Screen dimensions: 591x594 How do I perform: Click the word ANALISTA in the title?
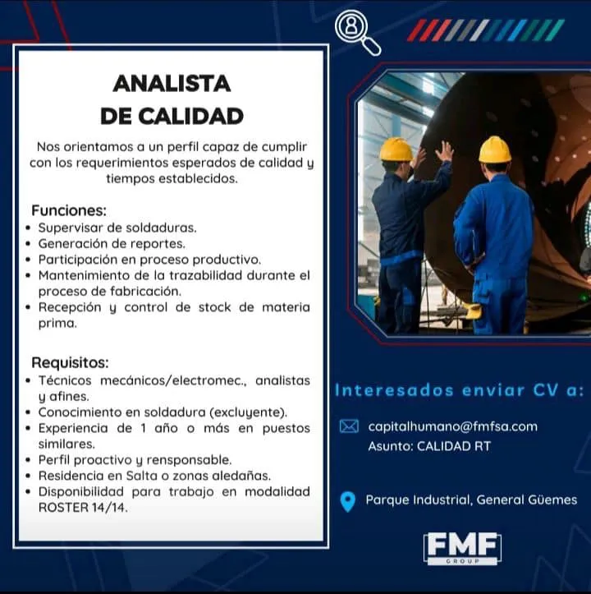[x=172, y=84]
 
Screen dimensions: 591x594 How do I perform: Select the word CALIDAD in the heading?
[x=190, y=117]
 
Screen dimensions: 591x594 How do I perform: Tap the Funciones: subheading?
[x=69, y=210]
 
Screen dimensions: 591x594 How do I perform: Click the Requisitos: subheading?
[x=70, y=362]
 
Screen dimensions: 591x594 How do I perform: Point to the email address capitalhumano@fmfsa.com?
[x=453, y=427]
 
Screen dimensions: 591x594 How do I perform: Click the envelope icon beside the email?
[x=349, y=426]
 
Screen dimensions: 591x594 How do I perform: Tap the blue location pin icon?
[x=347, y=501]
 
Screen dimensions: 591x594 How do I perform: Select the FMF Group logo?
[x=462, y=548]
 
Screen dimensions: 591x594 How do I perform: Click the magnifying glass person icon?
[x=357, y=33]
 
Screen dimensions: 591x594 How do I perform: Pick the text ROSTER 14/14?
[x=83, y=508]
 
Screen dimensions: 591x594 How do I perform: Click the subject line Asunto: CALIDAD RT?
[x=429, y=446]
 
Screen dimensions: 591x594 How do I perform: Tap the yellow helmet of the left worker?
[x=396, y=149]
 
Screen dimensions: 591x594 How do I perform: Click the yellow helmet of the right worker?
[x=495, y=149]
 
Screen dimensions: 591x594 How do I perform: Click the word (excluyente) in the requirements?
[x=249, y=412]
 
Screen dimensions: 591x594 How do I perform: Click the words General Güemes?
[x=527, y=500]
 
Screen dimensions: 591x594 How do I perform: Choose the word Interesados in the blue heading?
[x=394, y=390]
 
